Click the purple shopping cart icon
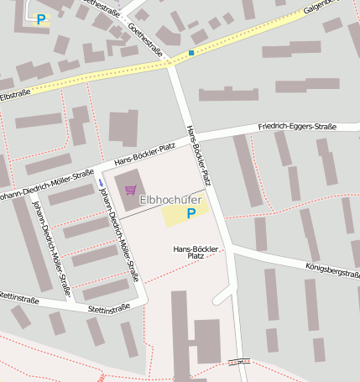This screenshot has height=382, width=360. [x=130, y=190]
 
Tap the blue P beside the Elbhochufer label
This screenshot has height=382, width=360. [x=190, y=213]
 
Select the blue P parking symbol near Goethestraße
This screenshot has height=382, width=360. [x=40, y=19]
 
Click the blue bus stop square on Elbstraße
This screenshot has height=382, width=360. [x=191, y=53]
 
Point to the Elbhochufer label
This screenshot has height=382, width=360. [x=170, y=200]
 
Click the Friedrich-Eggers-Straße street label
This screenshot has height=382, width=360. [x=297, y=127]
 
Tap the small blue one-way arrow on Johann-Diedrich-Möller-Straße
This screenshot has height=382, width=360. [x=100, y=182]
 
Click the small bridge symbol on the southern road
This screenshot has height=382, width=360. [x=239, y=362]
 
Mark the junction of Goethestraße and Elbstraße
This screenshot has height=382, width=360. [x=170, y=63]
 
